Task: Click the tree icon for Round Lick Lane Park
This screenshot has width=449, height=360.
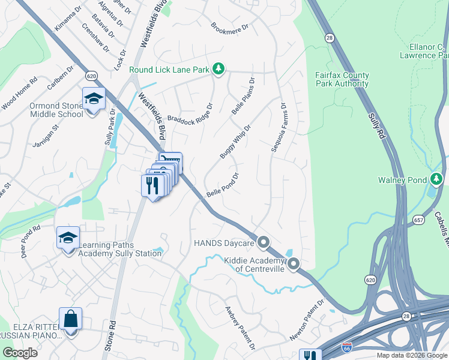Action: [x=219, y=70]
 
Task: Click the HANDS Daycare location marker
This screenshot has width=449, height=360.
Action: [x=263, y=243]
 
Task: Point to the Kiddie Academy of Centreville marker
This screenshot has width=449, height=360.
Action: [x=294, y=264]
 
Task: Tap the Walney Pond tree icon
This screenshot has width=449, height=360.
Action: [x=436, y=179]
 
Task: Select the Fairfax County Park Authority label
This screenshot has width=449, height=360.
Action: [x=342, y=80]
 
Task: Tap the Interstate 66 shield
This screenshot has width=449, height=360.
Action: [x=346, y=347]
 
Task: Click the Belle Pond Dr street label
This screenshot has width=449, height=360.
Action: [x=223, y=185]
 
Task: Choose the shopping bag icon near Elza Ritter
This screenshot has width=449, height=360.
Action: [x=70, y=319]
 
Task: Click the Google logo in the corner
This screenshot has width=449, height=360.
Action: [x=20, y=353]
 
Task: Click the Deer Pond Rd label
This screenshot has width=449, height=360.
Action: [x=30, y=241]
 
